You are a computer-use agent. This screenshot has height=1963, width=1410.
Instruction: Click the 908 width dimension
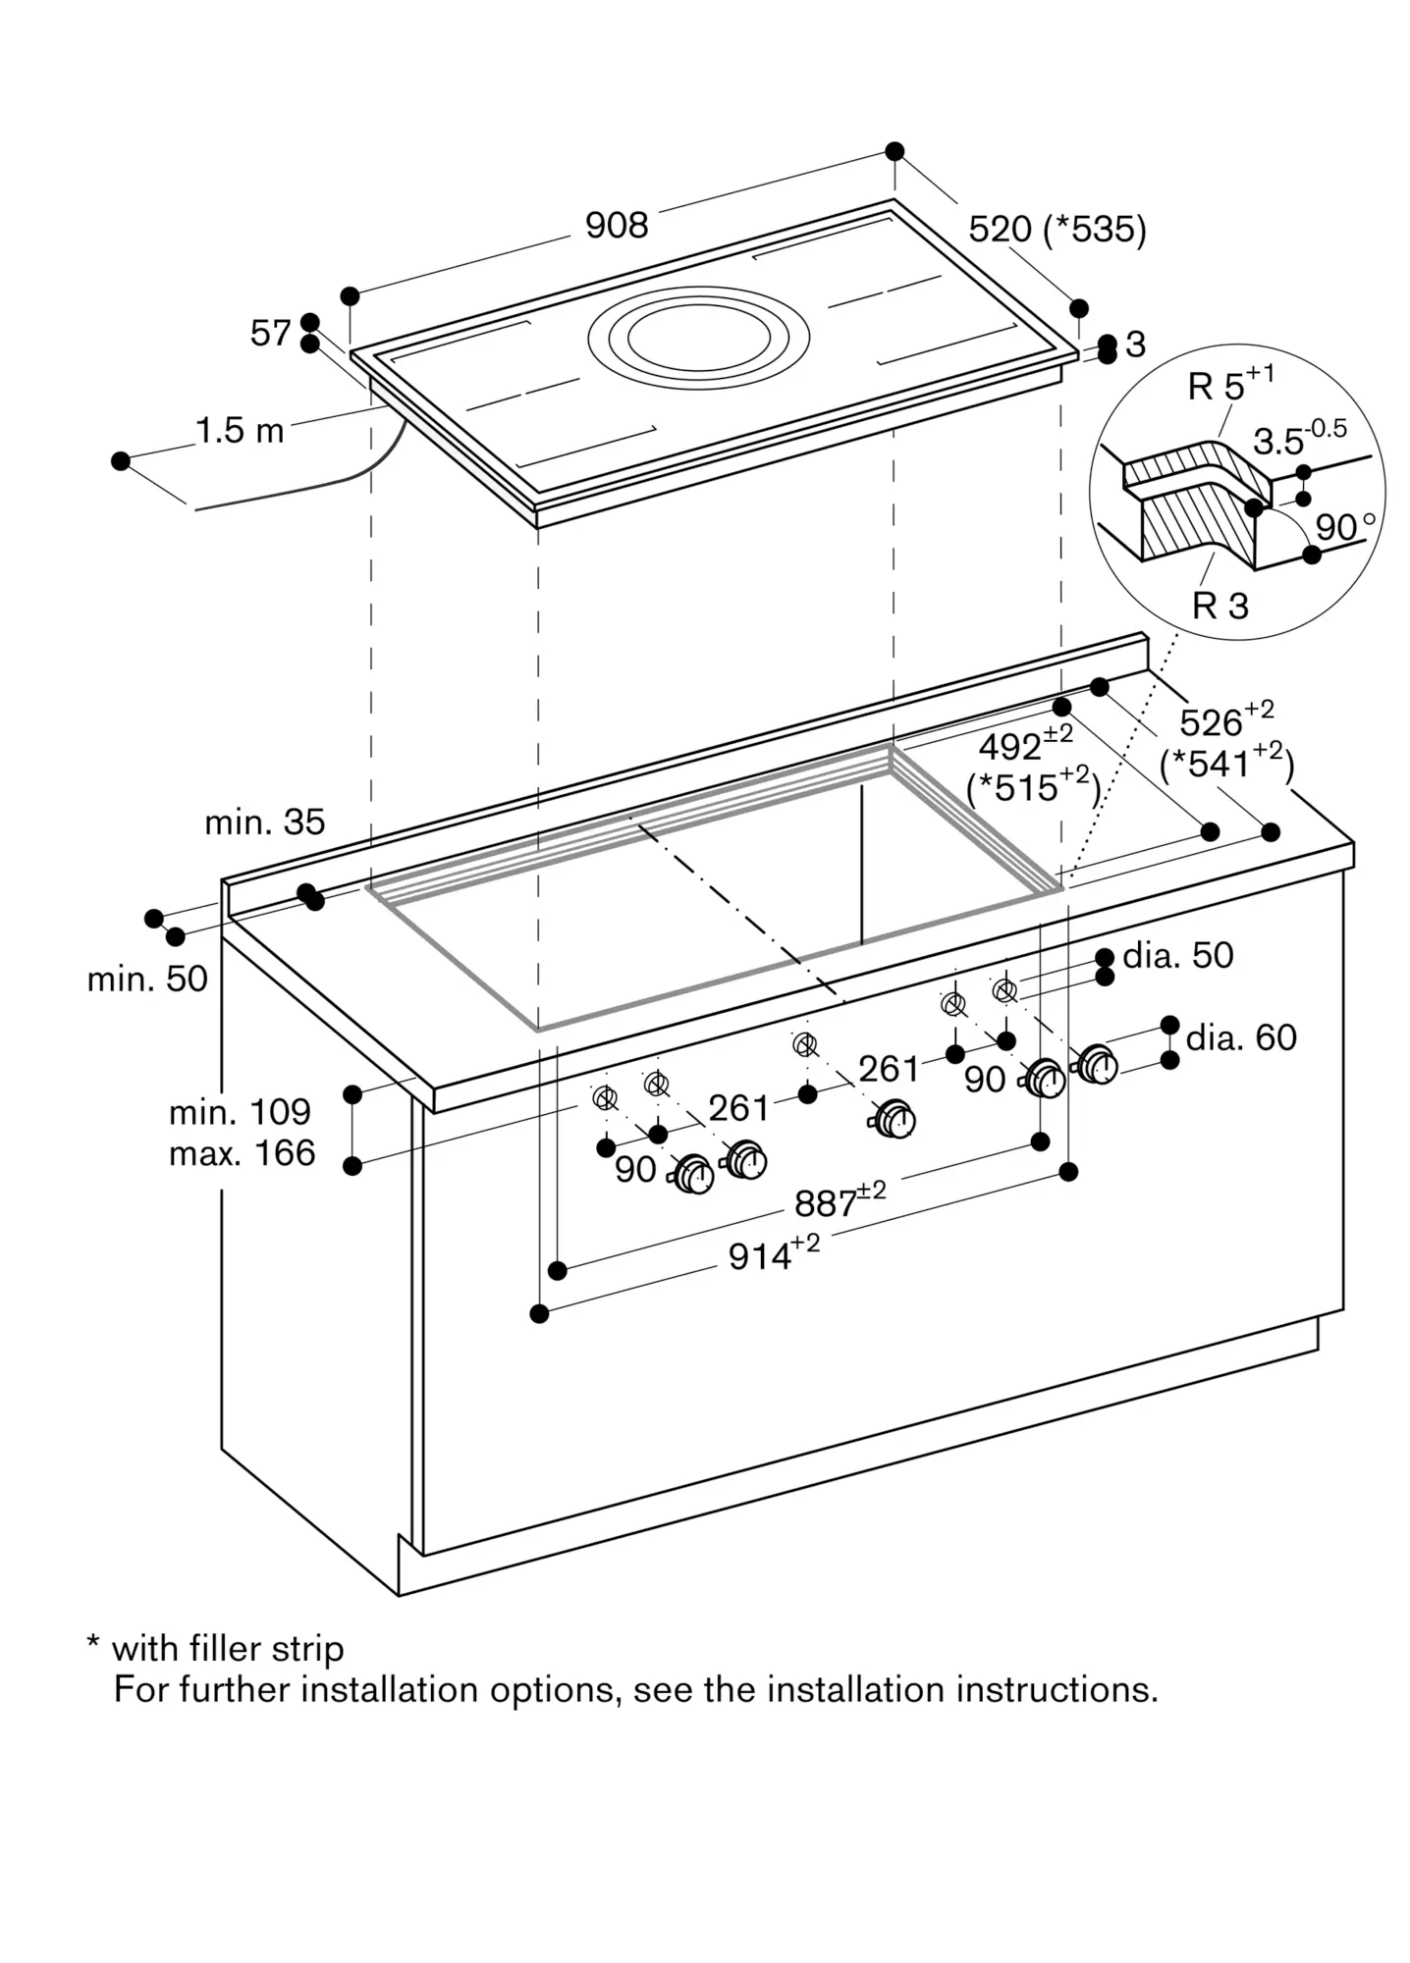coord(617,226)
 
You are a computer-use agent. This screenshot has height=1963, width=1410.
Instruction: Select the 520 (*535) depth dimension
coord(1057,230)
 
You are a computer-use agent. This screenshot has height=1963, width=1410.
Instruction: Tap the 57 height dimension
coord(270,334)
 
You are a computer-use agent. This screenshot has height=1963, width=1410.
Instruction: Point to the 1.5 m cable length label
coord(240,430)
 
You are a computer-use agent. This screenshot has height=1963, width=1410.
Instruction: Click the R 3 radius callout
coord(1220,606)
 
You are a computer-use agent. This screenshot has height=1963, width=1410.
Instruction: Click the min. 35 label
coord(264,822)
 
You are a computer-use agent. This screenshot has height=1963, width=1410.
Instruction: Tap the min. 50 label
coord(147,979)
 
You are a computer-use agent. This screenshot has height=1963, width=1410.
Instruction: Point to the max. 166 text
coord(242,1153)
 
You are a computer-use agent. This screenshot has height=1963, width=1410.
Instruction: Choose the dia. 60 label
coord(1241,1037)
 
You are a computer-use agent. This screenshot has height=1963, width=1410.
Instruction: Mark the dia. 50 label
coord(1177,955)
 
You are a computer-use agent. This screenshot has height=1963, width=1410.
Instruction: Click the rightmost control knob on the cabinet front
coord(1097,1065)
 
